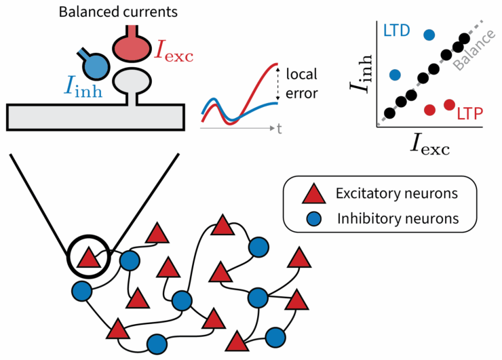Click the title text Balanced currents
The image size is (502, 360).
118,12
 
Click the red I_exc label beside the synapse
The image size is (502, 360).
174,52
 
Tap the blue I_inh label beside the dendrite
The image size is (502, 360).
83,86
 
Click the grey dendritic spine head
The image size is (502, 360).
132,81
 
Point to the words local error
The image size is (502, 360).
302,83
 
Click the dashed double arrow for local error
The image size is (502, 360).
277,83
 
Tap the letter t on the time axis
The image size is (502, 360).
279,129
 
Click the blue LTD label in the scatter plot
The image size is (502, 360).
396,31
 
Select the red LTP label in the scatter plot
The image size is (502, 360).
469,114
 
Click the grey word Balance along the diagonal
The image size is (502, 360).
474,50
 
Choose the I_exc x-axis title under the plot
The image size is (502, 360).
430,144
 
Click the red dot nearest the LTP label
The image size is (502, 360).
450,104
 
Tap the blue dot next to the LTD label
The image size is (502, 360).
429,35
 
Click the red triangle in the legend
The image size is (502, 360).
314,194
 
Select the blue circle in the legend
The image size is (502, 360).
314,219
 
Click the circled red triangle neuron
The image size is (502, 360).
89,257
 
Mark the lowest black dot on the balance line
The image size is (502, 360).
389,113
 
